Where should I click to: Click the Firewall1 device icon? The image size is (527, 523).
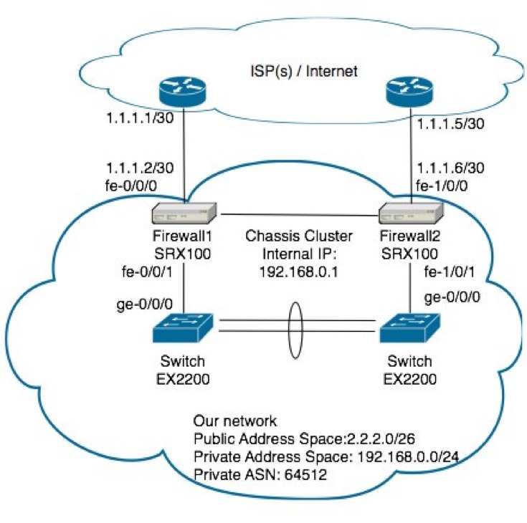(185, 214)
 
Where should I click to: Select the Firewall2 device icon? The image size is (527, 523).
(412, 214)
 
